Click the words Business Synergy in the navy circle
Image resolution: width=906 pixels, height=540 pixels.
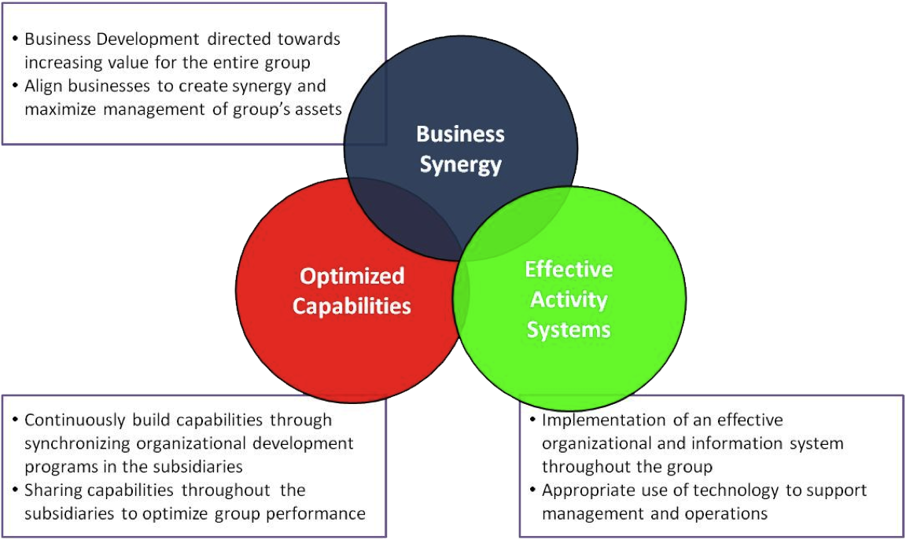point(460,149)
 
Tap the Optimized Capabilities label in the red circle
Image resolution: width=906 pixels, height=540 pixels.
point(352,291)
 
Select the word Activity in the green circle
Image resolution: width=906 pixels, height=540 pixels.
point(569,299)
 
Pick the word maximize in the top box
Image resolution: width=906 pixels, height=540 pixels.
point(53,109)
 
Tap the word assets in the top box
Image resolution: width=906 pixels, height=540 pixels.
point(318,109)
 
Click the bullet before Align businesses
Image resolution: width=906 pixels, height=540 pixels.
point(16,86)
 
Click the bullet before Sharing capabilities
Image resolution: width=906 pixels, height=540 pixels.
point(16,490)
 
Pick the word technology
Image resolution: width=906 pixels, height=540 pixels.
point(706,490)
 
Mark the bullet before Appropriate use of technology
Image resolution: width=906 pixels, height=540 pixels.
point(533,490)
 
